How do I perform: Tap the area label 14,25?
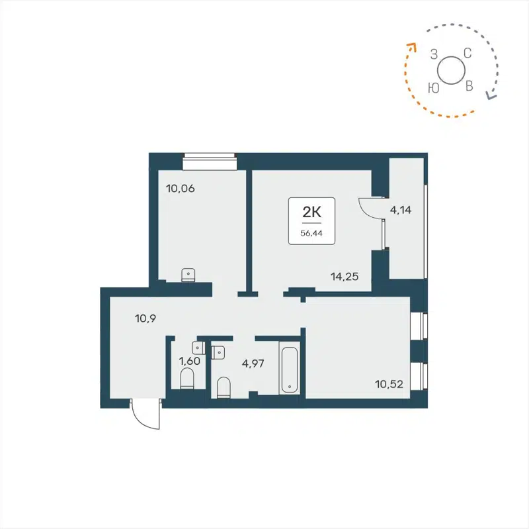[345, 277]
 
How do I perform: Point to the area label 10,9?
[145, 318]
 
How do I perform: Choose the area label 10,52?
[389, 383]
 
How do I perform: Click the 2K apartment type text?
[311, 213]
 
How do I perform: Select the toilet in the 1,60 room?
[187, 379]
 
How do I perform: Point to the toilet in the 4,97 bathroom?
[224, 387]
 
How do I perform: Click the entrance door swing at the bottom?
[145, 415]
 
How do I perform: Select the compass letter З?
[434, 54]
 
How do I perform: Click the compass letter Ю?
[434, 87]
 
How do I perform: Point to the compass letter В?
[469, 87]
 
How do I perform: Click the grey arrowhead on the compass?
[491, 95]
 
